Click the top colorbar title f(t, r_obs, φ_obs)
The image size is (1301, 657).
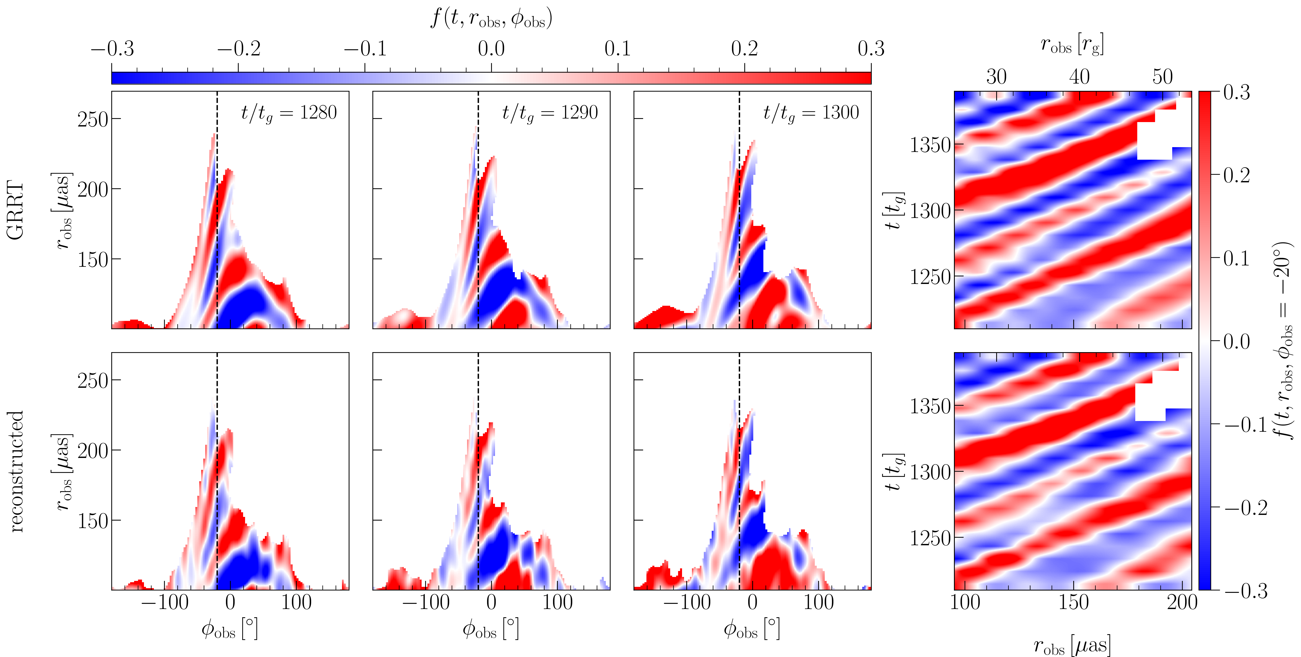(x=491, y=19)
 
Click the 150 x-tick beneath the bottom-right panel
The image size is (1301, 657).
(x=1074, y=602)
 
